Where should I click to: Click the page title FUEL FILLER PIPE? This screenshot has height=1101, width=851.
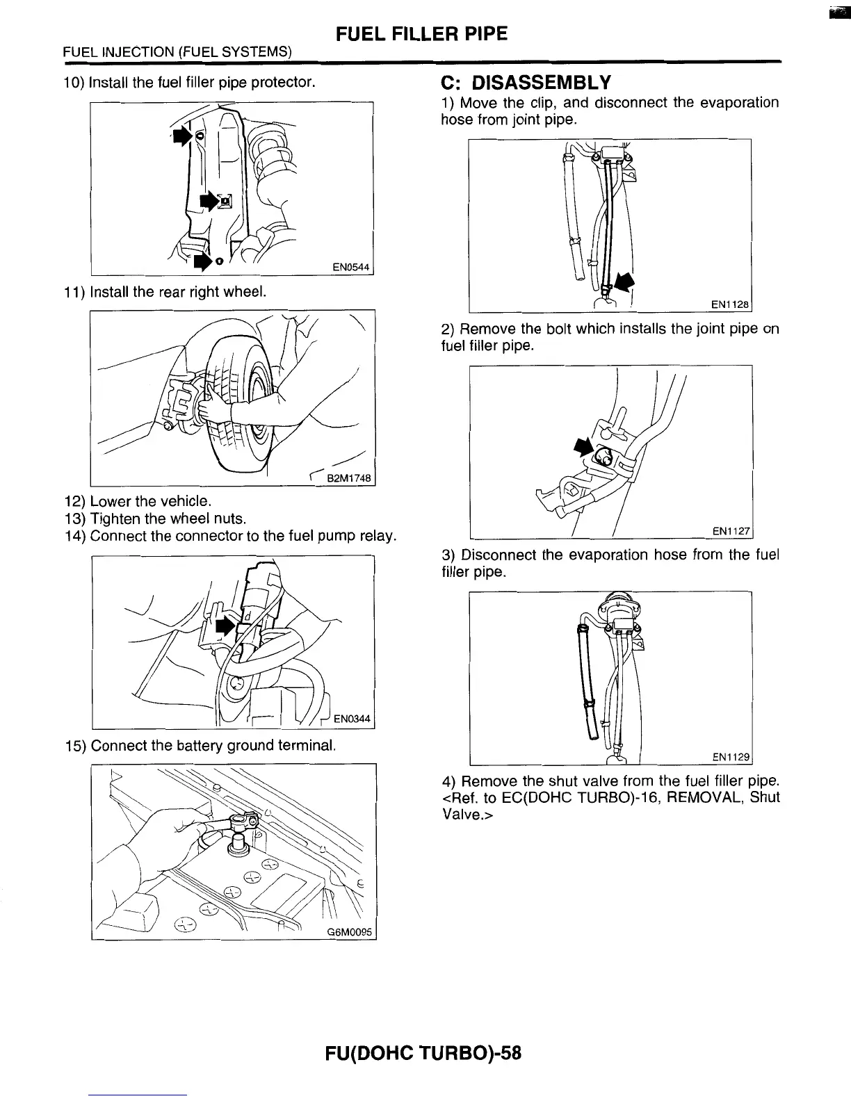(x=421, y=33)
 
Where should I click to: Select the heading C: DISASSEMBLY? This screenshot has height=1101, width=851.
(x=526, y=83)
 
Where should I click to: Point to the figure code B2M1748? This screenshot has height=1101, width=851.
(x=350, y=478)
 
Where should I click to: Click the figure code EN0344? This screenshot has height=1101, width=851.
(x=352, y=719)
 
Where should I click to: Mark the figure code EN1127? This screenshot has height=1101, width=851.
(x=730, y=531)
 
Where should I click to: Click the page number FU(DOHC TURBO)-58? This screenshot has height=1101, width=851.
(x=423, y=1053)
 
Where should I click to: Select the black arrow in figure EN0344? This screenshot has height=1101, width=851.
(x=225, y=625)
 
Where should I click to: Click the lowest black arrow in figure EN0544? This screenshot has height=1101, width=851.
(x=202, y=261)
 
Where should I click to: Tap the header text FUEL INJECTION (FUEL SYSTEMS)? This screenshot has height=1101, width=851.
(x=177, y=52)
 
